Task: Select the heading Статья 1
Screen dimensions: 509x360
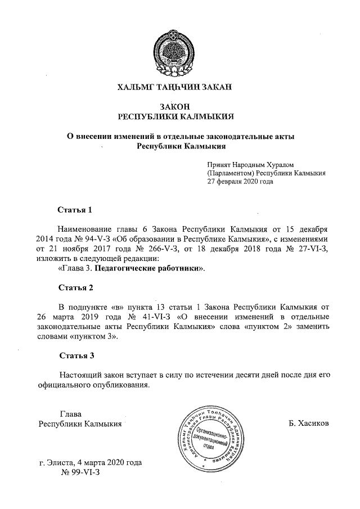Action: click(x=75, y=210)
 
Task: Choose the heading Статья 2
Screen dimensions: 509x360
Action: click(x=75, y=287)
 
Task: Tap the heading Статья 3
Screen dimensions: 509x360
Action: click(x=75, y=355)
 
